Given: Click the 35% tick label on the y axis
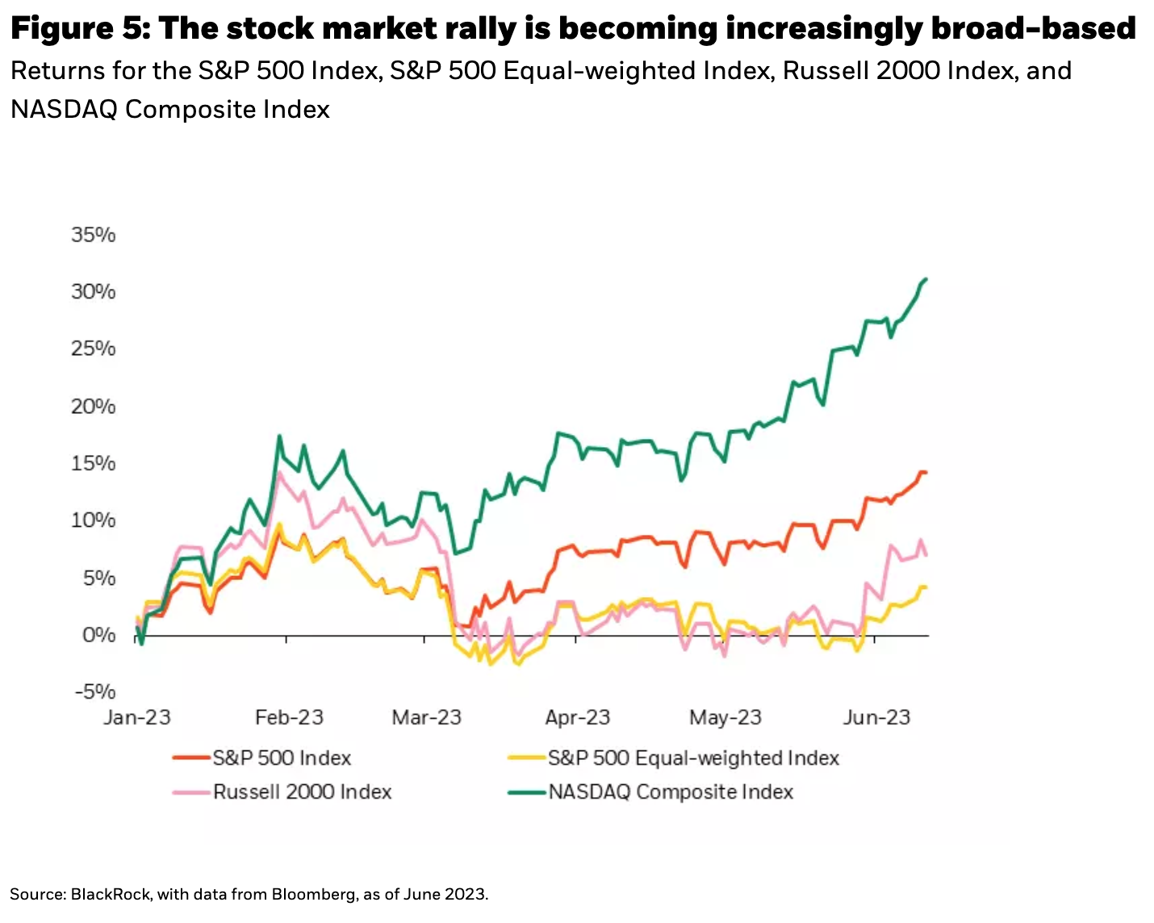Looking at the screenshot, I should pos(94,235).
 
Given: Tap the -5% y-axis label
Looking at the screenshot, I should pos(94,691).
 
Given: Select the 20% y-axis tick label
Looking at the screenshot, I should pos(94,406).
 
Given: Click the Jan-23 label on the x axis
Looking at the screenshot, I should pos(137,717).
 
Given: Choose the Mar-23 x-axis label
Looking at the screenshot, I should pos(426,717).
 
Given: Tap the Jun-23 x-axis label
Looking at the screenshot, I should pos(876,717).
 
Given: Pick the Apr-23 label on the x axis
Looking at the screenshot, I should pos(577,717).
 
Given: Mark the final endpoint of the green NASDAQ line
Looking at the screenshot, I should pos(926,279).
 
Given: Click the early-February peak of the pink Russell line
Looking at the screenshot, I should pos(279,474).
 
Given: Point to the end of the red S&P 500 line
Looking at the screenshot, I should pos(926,472).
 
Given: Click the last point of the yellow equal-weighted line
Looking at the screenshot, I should pos(926,587).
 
